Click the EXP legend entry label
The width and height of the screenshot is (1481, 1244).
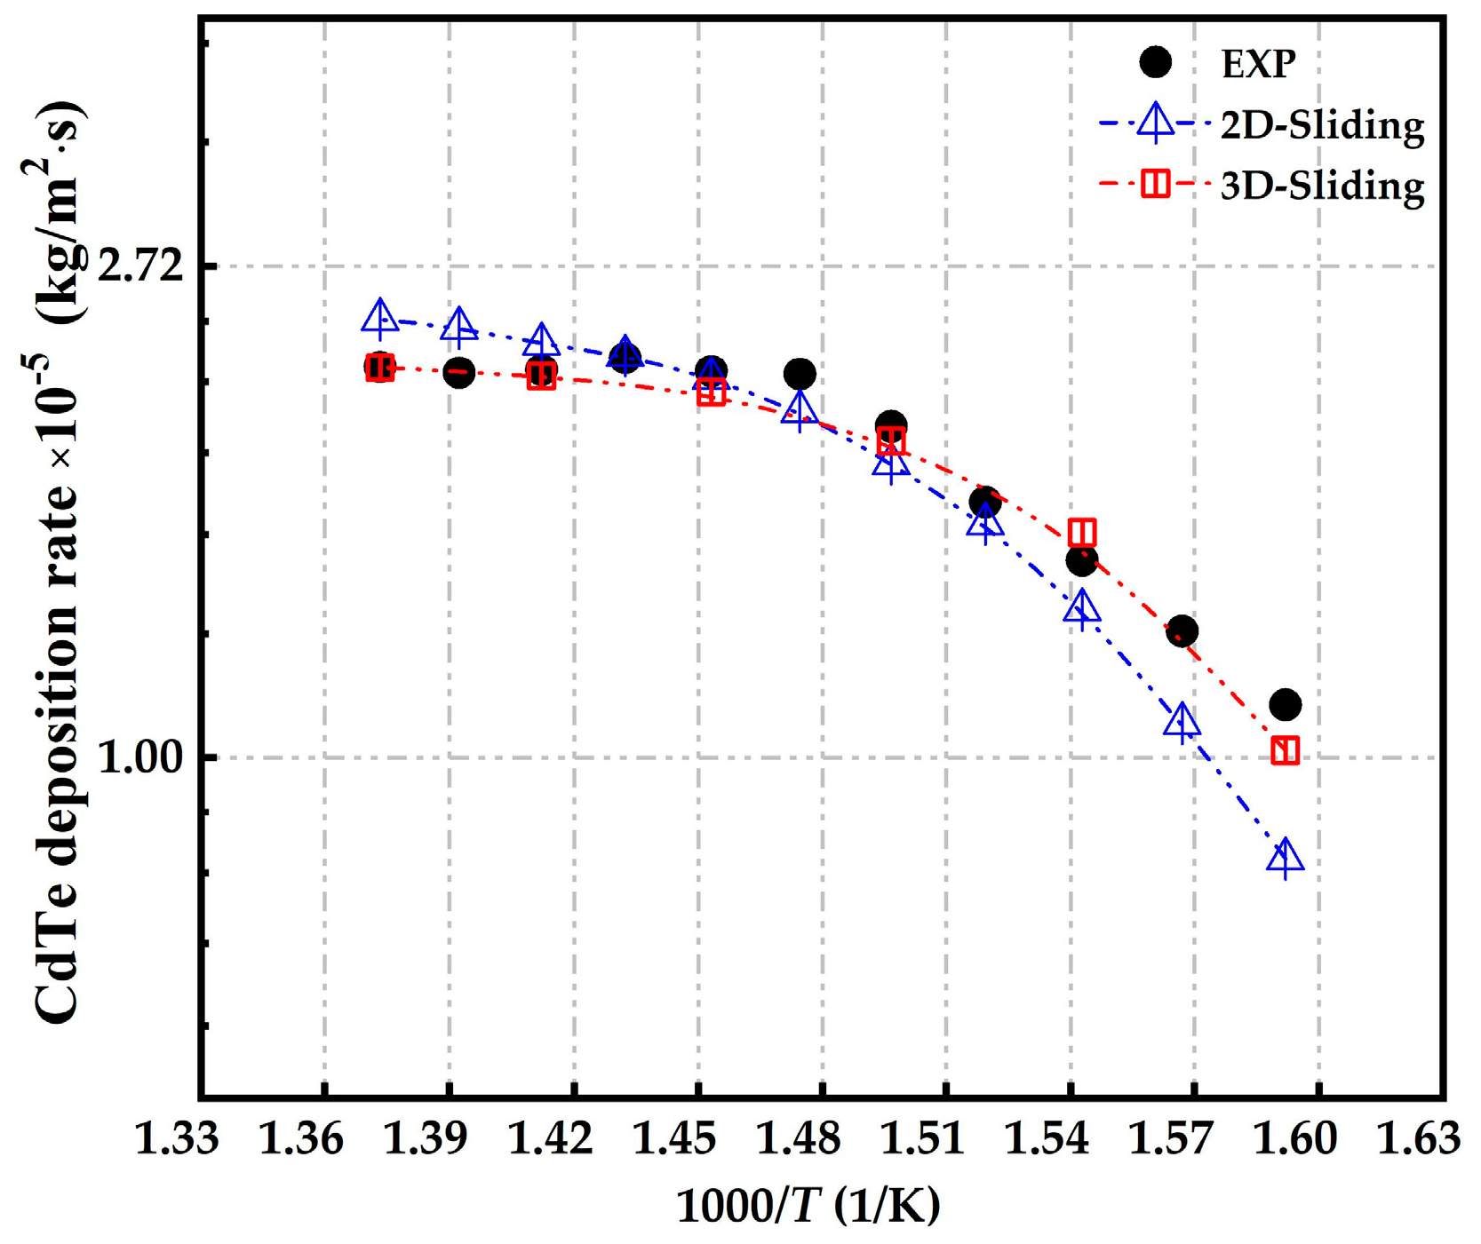click(x=1259, y=64)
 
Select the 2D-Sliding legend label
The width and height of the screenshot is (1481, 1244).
click(x=1322, y=125)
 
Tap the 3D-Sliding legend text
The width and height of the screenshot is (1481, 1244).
click(x=1322, y=186)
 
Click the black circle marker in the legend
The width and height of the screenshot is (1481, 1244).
click(x=1155, y=62)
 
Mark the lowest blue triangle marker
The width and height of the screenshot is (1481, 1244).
click(x=1285, y=857)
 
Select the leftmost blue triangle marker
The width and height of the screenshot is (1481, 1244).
click(x=379, y=317)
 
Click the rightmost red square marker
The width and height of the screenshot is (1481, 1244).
click(x=1285, y=750)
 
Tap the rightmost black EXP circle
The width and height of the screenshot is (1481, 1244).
click(x=1285, y=705)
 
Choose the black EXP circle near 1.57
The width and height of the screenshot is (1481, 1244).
click(x=1181, y=631)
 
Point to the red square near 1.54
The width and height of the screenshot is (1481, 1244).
click(x=1081, y=532)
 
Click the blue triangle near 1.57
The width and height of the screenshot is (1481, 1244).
click(x=1181, y=721)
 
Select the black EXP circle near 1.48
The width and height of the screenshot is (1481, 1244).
click(x=800, y=374)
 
